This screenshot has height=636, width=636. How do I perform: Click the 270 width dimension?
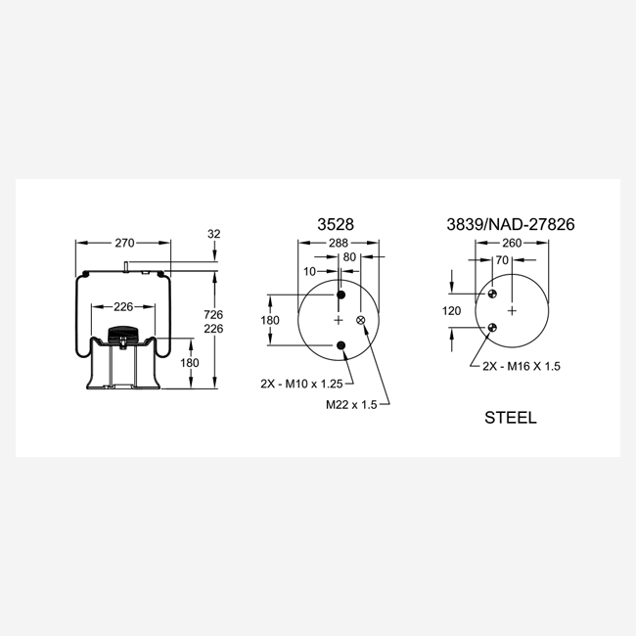(x=124, y=243)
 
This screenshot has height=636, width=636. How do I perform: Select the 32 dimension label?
(x=213, y=234)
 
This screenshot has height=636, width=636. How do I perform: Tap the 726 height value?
(x=213, y=314)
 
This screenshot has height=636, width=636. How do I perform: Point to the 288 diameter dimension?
(x=339, y=243)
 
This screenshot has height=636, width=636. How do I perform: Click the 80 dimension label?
(x=349, y=257)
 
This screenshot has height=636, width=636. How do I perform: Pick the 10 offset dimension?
(x=309, y=271)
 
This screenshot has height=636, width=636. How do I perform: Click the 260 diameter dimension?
(x=512, y=243)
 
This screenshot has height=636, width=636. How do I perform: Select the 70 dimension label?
(x=502, y=260)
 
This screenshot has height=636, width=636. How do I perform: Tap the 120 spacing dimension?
(x=451, y=311)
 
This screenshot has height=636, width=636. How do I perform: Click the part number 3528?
(x=336, y=224)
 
